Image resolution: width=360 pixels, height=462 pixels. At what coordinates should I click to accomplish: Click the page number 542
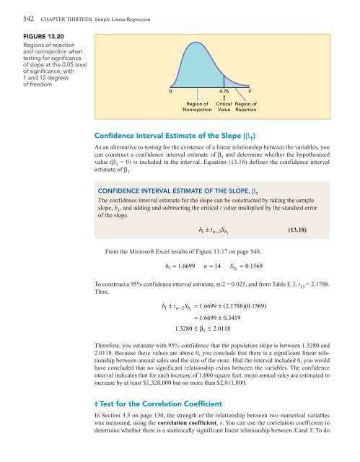point(11,8)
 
